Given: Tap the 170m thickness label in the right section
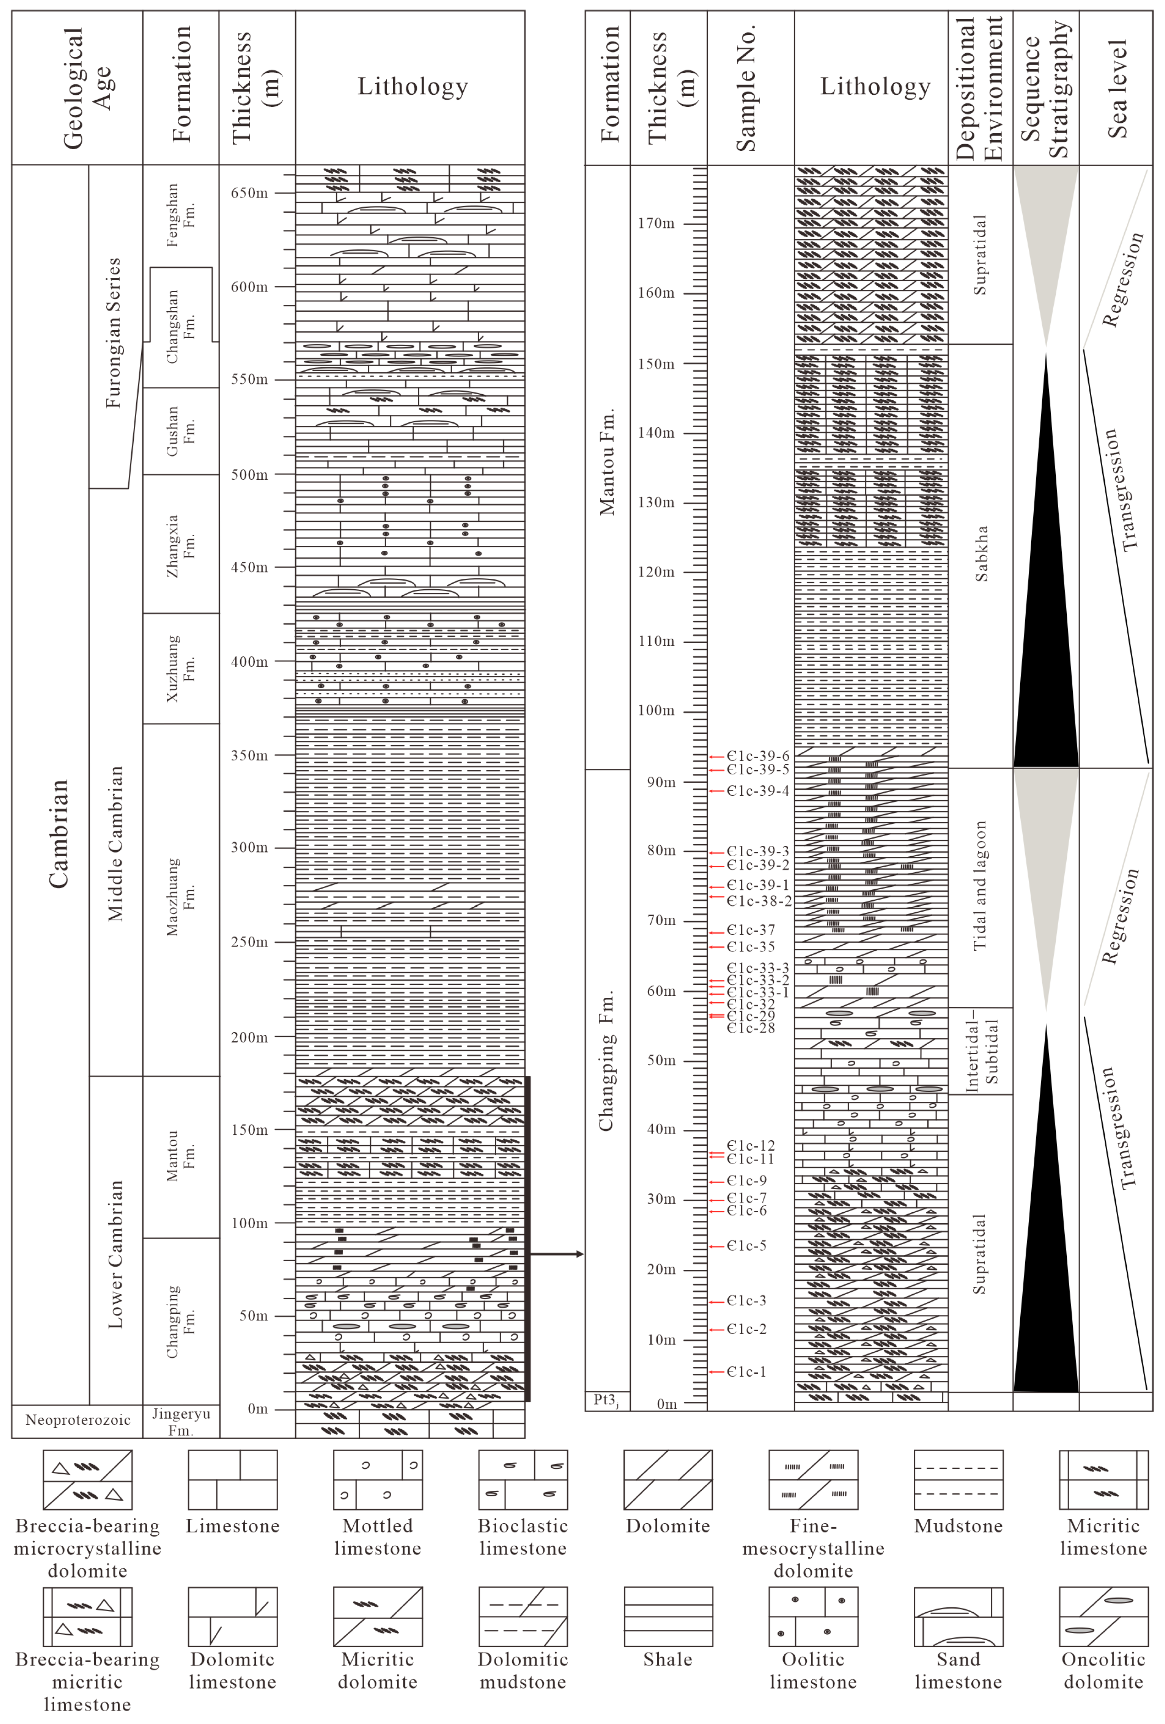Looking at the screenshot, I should point(656,223).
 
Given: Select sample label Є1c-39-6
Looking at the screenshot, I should point(758,756).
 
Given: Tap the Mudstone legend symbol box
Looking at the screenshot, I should point(958,1480).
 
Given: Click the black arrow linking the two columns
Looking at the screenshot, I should point(557,1254).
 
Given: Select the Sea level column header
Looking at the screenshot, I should point(1116,88).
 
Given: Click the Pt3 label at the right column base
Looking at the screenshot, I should point(606,1400).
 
